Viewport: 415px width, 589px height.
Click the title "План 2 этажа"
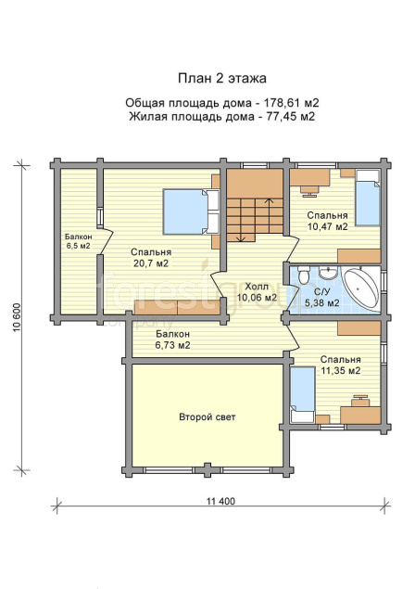pos(221,78)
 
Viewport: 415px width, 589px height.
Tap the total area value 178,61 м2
pos(292,103)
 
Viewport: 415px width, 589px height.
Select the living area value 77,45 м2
pos(291,117)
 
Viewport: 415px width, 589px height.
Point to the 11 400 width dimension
pos(220,501)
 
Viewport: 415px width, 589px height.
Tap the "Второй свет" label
pos(207,417)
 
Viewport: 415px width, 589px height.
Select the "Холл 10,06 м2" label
pos(257,292)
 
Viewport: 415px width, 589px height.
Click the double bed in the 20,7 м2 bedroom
pos(191,211)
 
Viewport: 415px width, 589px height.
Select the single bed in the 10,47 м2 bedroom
pos(368,198)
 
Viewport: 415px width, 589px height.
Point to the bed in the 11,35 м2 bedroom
pos(302,394)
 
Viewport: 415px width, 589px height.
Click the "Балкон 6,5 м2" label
pos(78,241)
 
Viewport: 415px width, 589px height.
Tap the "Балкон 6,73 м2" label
pos(172,339)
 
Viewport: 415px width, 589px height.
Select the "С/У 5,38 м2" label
pos(321,297)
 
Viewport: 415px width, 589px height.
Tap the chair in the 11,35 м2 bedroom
pos(361,400)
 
